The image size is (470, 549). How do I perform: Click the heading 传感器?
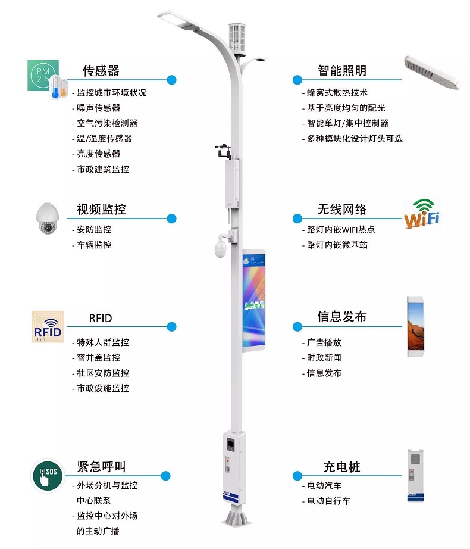point(101,71)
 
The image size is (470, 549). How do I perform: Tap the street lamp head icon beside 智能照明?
point(431,73)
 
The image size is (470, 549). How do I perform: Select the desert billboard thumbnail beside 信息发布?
point(415,326)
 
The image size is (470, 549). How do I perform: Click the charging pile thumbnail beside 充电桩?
point(415,475)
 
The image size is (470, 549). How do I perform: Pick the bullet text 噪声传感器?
point(98,108)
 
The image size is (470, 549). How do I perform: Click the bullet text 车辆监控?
point(94,245)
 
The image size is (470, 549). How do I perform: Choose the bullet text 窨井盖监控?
point(98,358)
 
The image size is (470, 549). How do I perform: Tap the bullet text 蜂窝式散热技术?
point(337,92)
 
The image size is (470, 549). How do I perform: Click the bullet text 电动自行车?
point(328,501)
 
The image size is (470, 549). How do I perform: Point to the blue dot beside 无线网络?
point(297,219)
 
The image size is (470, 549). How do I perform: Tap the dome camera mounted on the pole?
point(220,248)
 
